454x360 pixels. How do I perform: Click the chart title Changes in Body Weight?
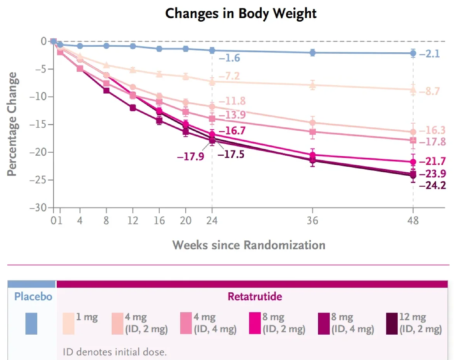(241, 14)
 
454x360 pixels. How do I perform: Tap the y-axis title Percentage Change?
(12, 124)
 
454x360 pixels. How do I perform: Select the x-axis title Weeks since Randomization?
(249, 245)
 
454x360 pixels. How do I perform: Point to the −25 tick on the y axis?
(38, 180)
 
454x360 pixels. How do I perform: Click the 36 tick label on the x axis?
(312, 221)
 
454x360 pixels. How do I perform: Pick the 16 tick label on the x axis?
(159, 221)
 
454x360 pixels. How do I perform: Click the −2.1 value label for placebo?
(430, 54)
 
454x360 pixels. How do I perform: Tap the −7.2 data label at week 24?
(229, 76)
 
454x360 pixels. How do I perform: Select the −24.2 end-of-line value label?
(433, 186)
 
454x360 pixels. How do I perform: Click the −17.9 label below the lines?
(191, 156)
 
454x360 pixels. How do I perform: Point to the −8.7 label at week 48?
(429, 92)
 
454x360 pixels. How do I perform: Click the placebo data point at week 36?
(312, 53)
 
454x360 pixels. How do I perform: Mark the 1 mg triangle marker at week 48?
(413, 89)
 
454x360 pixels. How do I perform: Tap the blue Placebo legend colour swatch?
(31, 324)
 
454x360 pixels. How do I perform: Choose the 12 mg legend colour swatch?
(392, 324)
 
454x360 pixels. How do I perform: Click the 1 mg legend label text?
(87, 317)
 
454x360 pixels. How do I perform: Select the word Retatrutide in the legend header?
(255, 297)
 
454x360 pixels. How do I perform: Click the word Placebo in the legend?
(33, 297)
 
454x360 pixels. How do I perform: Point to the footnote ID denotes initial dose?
(115, 352)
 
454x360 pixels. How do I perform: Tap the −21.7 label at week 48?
(433, 162)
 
